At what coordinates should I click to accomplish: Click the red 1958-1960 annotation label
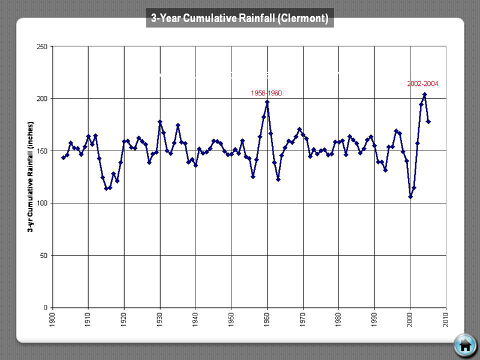(266, 94)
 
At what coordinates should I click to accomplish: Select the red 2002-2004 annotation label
(422, 84)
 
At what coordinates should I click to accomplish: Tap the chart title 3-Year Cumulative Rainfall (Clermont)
(240, 19)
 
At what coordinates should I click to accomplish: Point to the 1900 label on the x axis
(53, 319)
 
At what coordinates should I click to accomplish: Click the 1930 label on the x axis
(160, 319)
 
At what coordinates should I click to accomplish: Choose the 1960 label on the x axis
(268, 319)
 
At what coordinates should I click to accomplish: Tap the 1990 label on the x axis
(375, 319)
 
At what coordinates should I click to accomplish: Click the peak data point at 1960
(267, 102)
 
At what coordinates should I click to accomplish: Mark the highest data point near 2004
(425, 94)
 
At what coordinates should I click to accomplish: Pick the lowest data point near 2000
(410, 197)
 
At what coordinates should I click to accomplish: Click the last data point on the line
(428, 122)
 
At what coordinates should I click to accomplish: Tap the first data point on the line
(63, 158)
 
